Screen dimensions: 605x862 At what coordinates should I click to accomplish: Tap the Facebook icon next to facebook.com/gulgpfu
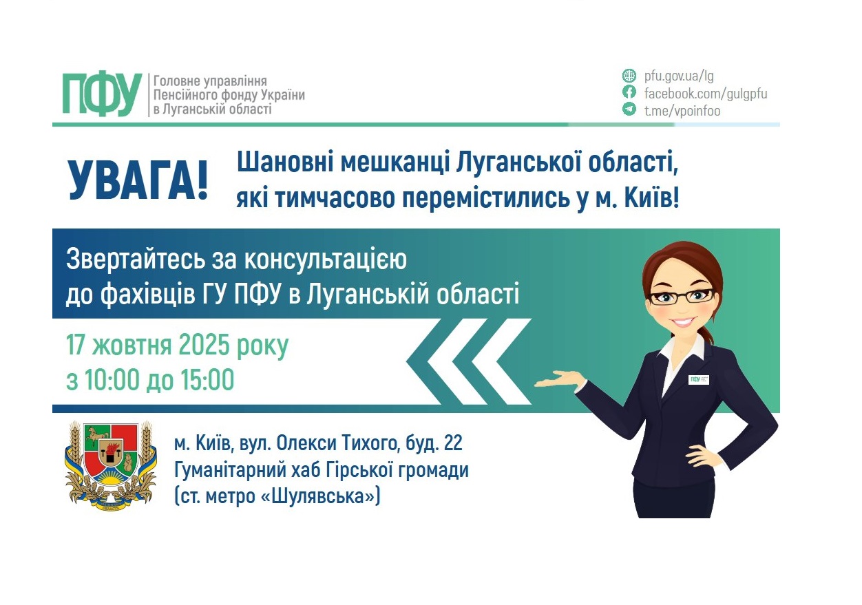629,93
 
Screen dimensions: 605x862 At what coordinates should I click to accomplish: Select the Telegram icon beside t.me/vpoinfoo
629,109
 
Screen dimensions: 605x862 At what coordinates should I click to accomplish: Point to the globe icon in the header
629,76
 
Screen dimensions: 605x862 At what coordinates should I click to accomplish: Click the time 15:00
207,380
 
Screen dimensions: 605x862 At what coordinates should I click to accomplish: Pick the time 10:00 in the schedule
110,380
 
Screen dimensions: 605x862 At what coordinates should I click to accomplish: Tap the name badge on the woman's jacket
698,379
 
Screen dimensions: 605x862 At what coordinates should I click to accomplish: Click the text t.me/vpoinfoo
682,110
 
